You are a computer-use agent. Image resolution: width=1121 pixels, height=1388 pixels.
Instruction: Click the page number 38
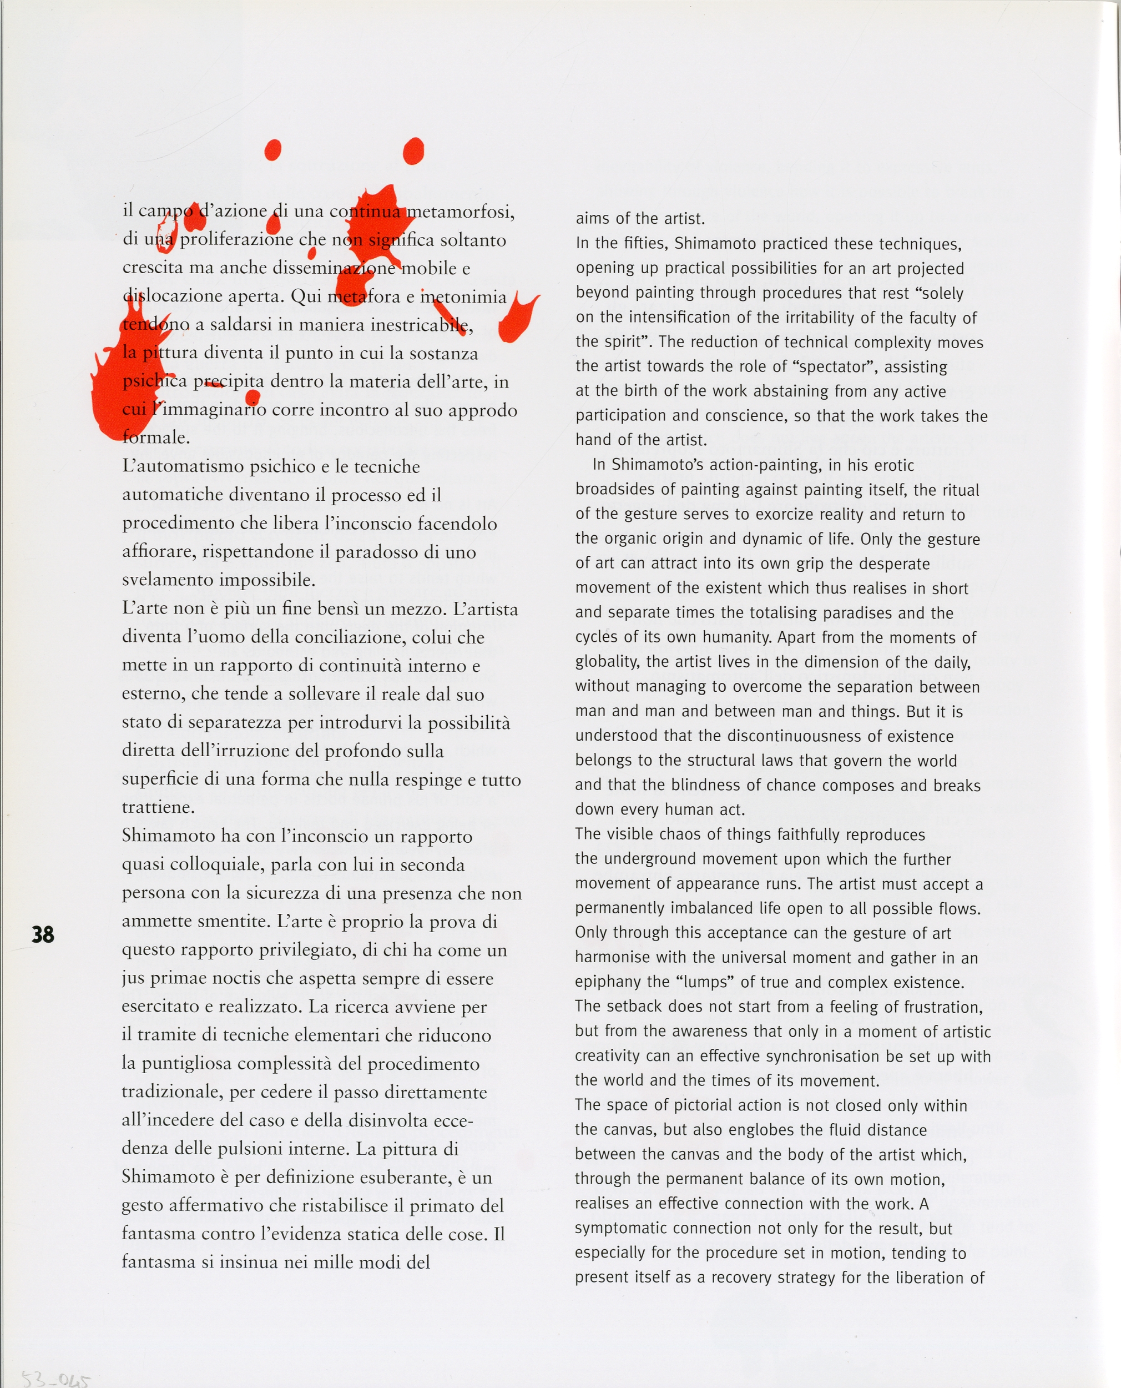pos(43,934)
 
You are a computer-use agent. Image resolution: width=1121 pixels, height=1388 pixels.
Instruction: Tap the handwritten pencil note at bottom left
pos(56,1380)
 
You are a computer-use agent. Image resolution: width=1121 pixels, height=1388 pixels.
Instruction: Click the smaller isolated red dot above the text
pos(272,150)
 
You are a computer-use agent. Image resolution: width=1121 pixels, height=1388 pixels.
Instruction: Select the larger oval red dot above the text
pos(413,151)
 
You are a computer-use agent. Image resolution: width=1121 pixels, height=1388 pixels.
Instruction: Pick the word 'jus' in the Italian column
pos(133,978)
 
